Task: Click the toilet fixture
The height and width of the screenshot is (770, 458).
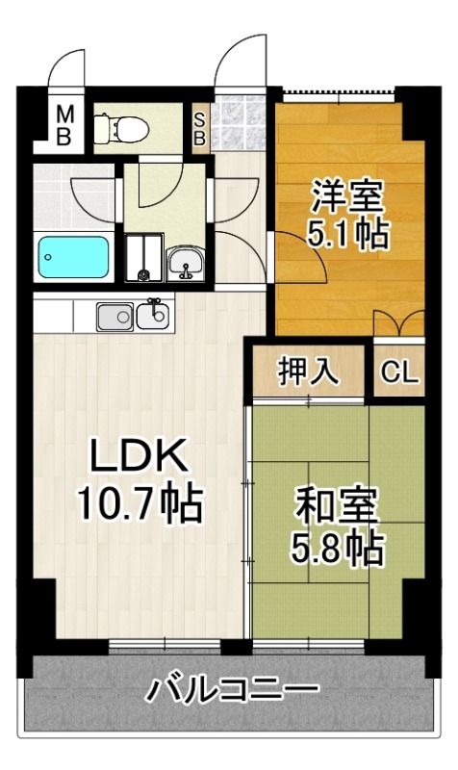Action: pyautogui.click(x=121, y=128)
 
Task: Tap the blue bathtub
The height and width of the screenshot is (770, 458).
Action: pyautogui.click(x=74, y=257)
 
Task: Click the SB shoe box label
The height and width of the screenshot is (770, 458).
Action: pyautogui.click(x=199, y=129)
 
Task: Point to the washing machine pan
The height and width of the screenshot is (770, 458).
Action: pyautogui.click(x=143, y=257)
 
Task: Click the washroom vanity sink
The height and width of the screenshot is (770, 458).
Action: pyautogui.click(x=186, y=264)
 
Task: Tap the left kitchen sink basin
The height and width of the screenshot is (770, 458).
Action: pyautogui.click(x=114, y=317)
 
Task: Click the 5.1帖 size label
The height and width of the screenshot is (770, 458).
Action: pyautogui.click(x=348, y=233)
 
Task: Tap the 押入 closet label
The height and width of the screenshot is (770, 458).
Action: pyautogui.click(x=308, y=371)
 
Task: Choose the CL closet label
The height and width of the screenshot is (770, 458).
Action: pyautogui.click(x=399, y=372)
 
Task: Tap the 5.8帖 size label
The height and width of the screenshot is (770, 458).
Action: pyautogui.click(x=337, y=548)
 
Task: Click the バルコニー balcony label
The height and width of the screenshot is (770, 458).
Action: pyautogui.click(x=232, y=689)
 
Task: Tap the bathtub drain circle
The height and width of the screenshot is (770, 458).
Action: pyautogui.click(x=47, y=257)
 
